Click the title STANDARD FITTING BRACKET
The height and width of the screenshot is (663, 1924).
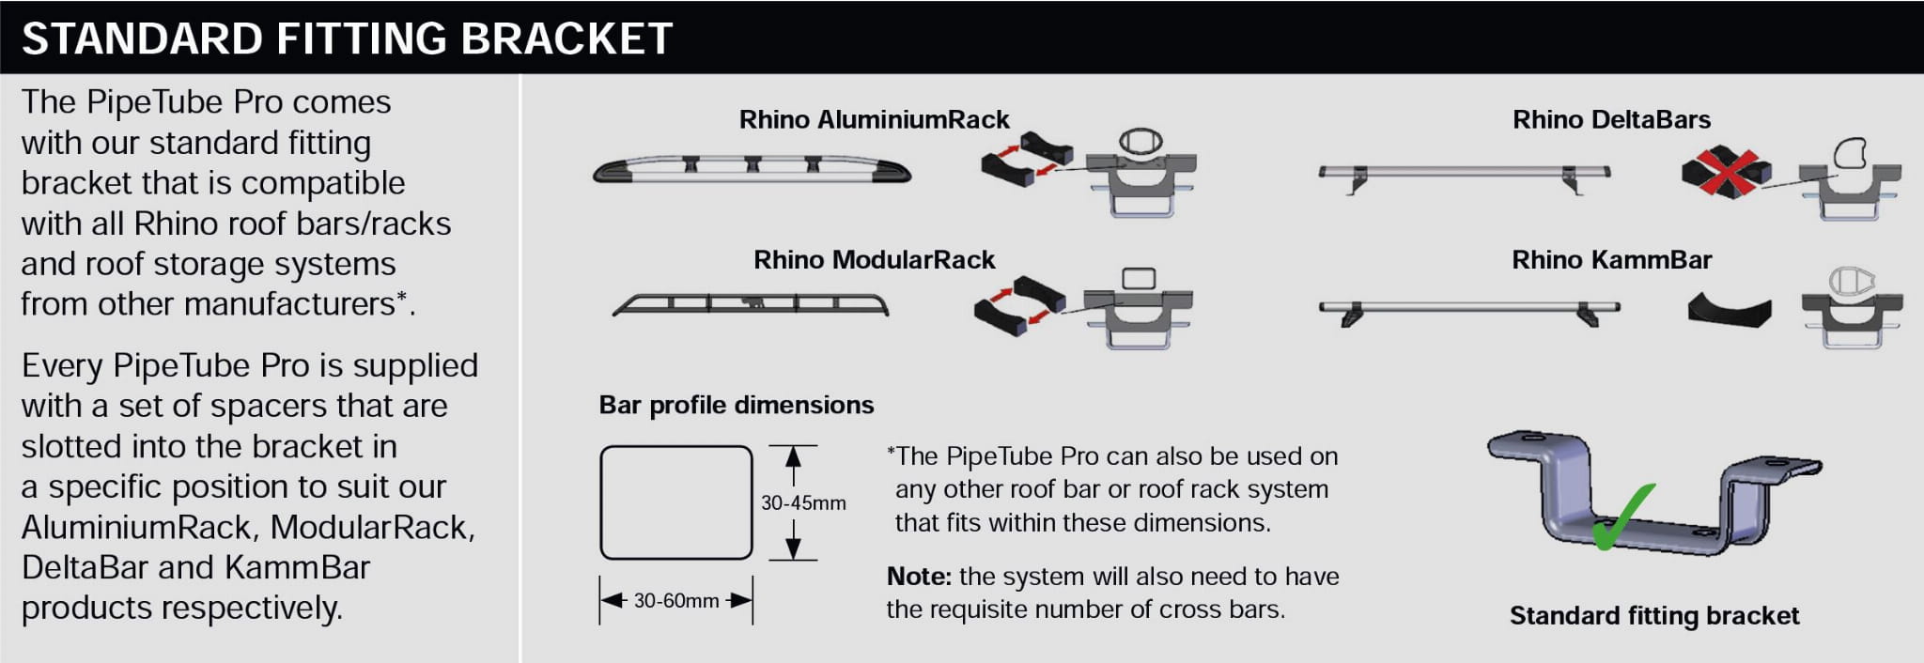point(347,39)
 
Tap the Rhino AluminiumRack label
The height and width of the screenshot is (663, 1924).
point(874,120)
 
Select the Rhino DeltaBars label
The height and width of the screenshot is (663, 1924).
point(1611,120)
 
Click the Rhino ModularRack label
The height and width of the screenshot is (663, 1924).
point(874,260)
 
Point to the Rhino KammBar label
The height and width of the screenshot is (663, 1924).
point(1611,260)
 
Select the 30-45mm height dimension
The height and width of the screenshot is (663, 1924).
point(803,503)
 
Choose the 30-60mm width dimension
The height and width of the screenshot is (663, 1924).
point(676,601)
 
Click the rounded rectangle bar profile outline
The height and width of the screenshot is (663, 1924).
point(676,502)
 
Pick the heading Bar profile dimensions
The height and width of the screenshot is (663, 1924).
point(737,406)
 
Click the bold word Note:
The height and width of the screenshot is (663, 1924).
point(919,577)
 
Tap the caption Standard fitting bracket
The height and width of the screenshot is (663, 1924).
point(1654,616)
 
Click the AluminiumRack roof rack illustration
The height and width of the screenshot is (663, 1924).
point(752,170)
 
